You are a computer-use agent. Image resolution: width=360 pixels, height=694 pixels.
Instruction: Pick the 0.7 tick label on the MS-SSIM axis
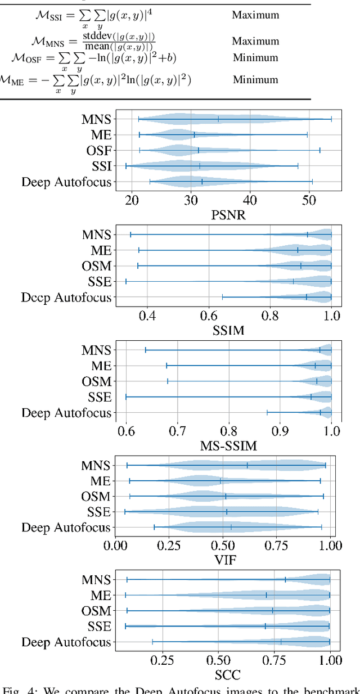(177, 432)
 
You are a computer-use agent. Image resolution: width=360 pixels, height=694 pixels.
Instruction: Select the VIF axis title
(223, 560)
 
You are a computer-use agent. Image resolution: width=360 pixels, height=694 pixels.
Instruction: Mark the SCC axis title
(223, 675)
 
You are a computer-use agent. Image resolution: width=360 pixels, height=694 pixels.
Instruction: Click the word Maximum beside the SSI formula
(255, 14)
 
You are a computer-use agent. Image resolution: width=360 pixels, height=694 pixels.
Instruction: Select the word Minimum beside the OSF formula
(255, 57)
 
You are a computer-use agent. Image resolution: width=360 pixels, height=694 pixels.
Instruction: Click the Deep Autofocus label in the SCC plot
(66, 642)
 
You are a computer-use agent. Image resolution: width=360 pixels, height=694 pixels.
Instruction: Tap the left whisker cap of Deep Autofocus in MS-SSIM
(267, 412)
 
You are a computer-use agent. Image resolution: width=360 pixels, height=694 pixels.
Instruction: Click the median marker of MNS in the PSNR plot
(218, 119)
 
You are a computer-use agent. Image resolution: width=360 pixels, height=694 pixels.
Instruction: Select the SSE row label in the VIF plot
(100, 512)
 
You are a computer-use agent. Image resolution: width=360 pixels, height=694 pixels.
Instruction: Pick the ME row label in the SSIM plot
(101, 250)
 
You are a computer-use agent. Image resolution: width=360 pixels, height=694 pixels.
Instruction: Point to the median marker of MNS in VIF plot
(247, 465)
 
